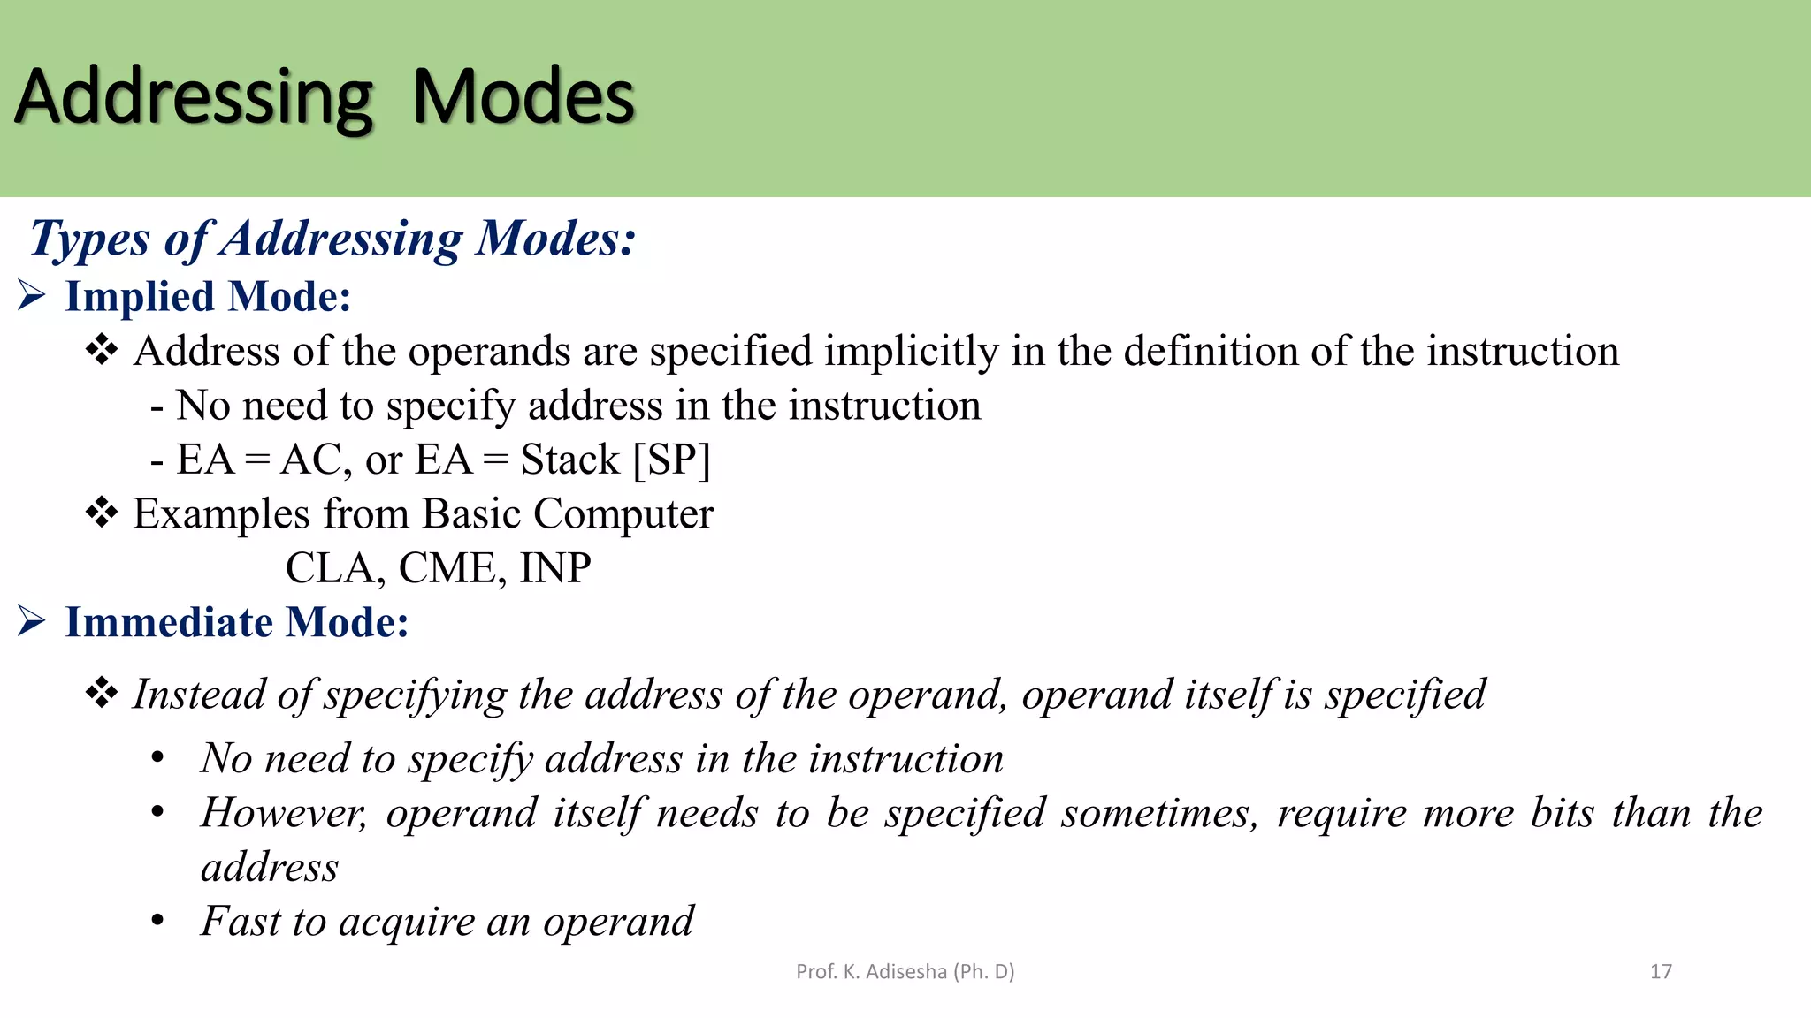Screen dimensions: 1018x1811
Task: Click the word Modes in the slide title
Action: pyautogui.click(x=523, y=97)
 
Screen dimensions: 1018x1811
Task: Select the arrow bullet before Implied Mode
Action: pyautogui.click(x=32, y=296)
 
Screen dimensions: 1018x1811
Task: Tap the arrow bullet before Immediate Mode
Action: pyautogui.click(x=32, y=622)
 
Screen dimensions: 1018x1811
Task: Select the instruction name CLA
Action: pyautogui.click(x=332, y=568)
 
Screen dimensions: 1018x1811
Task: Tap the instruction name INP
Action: pyautogui.click(x=555, y=568)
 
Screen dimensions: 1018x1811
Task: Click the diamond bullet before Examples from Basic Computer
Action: pyautogui.click(x=102, y=513)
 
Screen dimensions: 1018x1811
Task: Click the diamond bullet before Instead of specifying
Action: pyautogui.click(x=102, y=694)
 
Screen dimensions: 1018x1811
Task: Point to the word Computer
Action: pyautogui.click(x=623, y=514)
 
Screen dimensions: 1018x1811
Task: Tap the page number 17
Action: pyautogui.click(x=1661, y=972)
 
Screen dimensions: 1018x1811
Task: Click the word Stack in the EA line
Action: pyautogui.click(x=570, y=460)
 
